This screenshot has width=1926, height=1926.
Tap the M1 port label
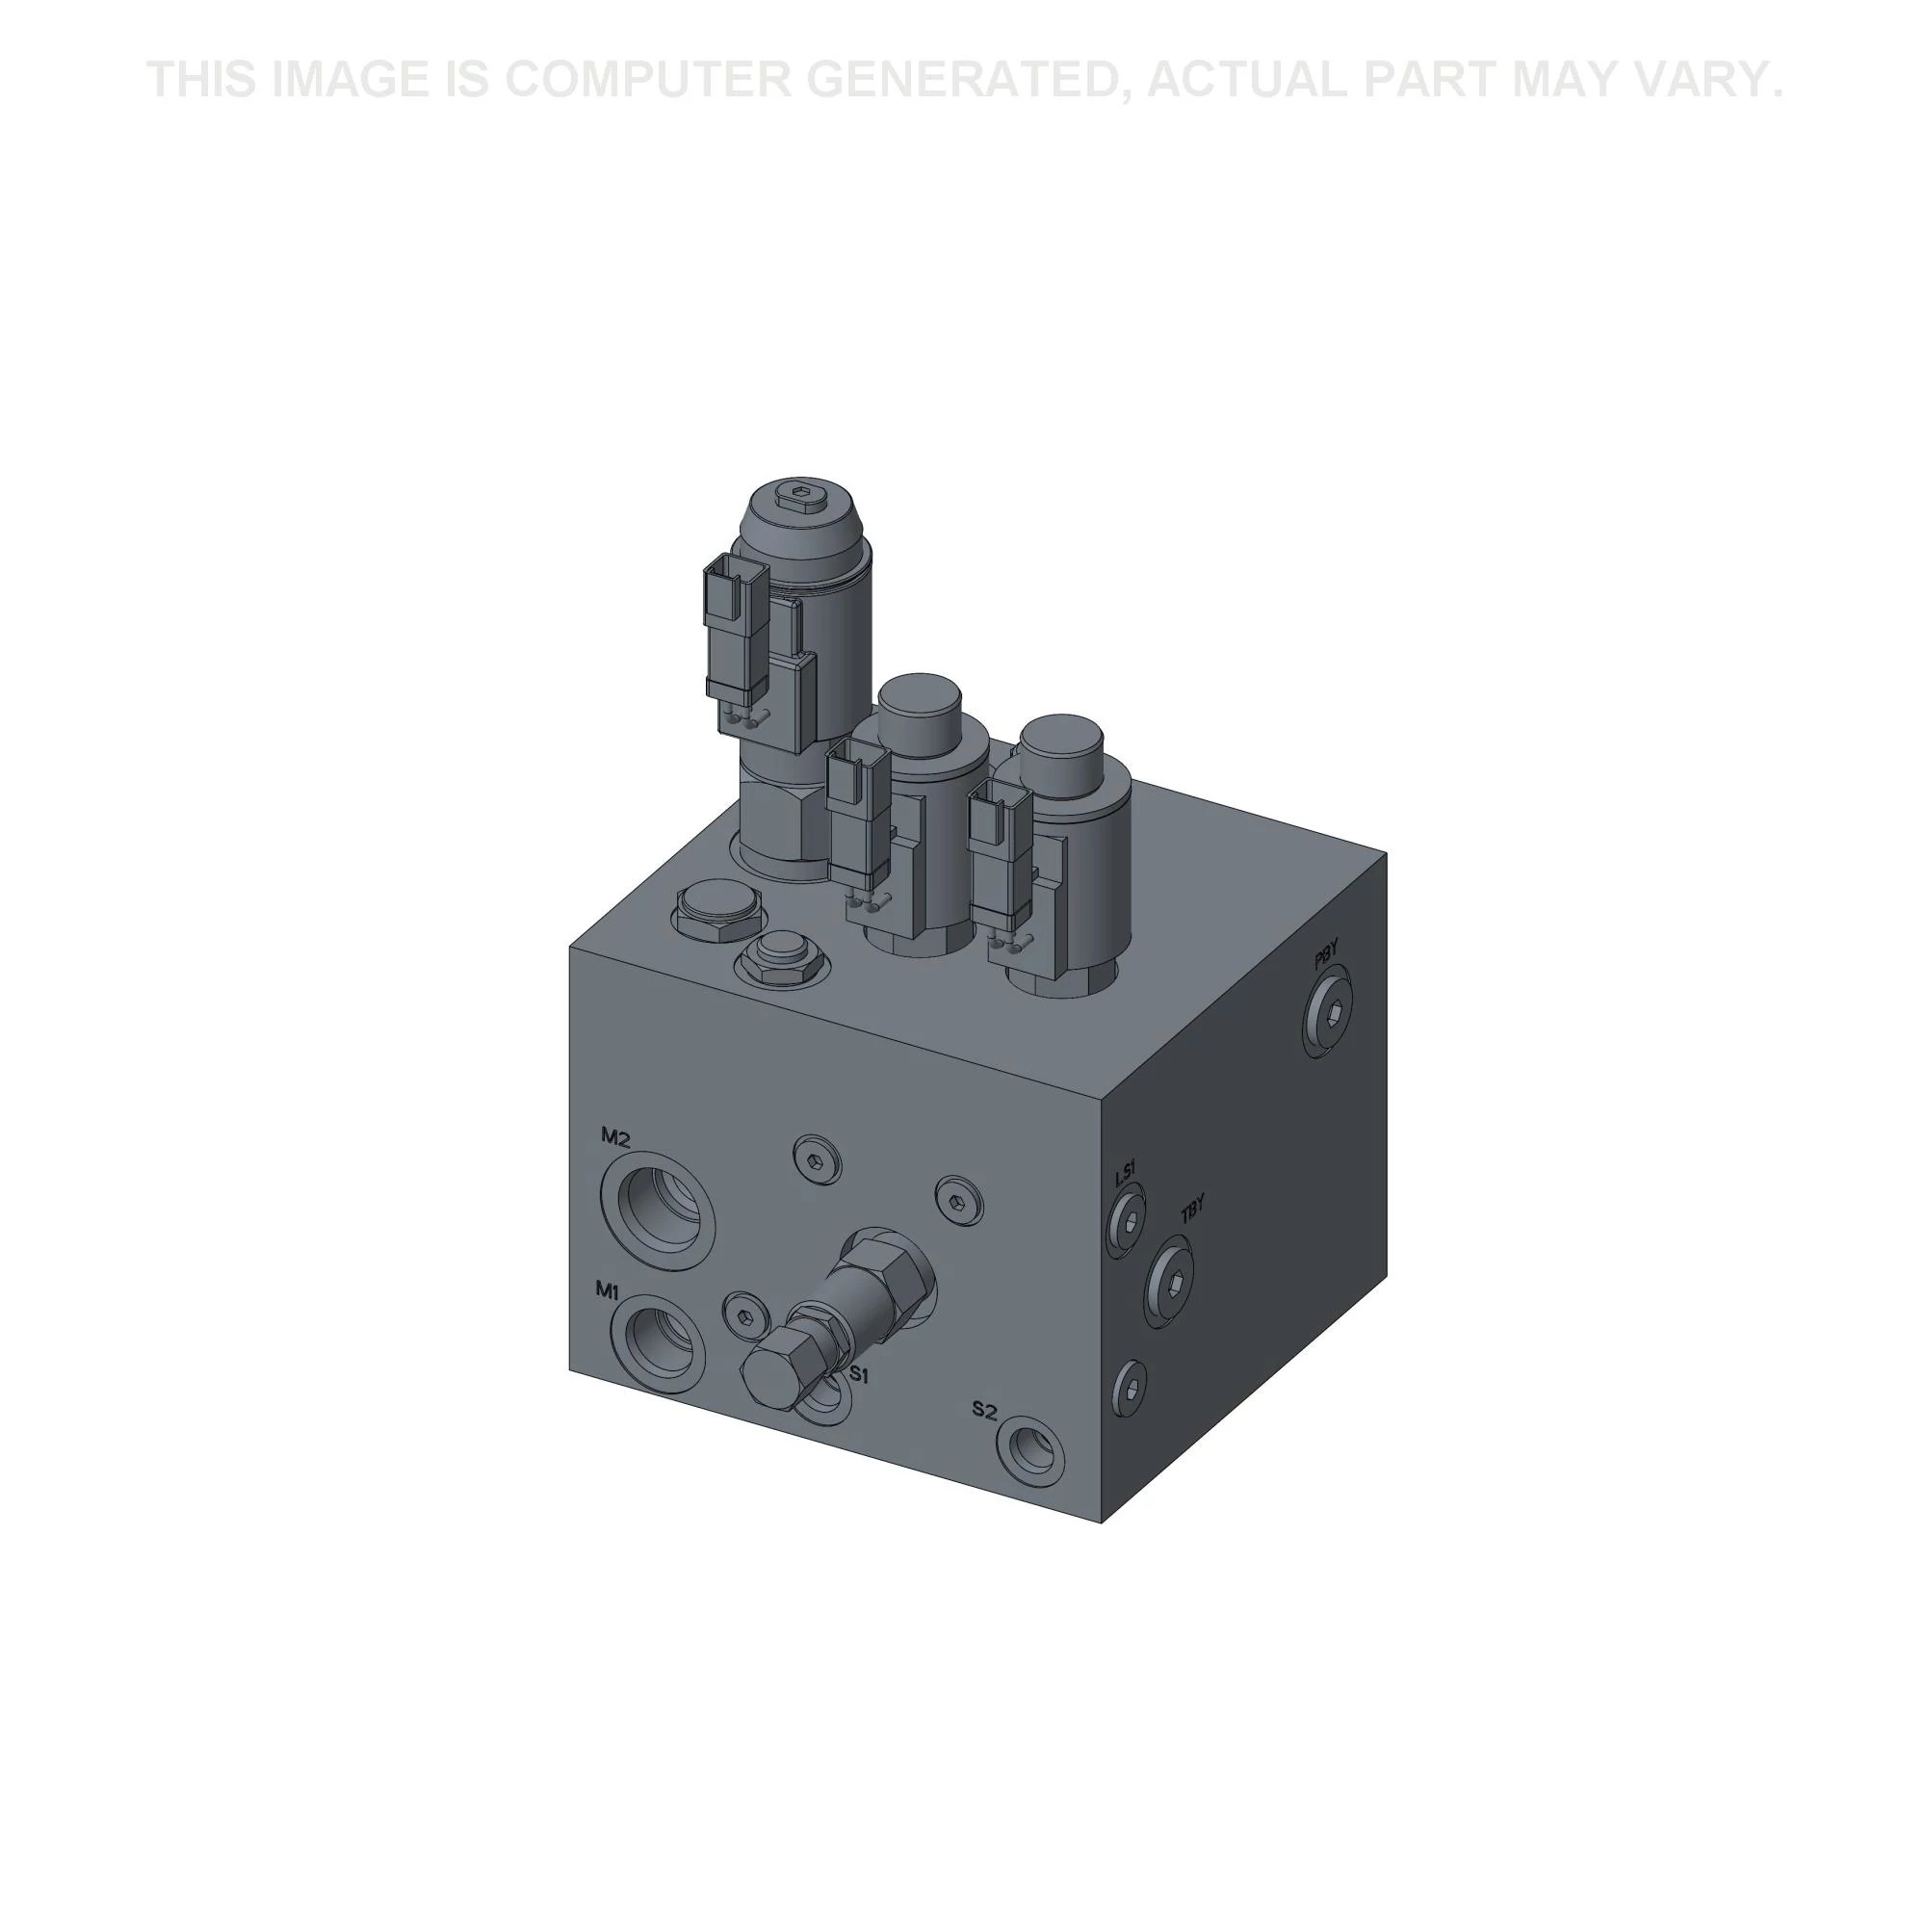click(608, 1290)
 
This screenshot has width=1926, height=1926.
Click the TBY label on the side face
click(1192, 1210)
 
